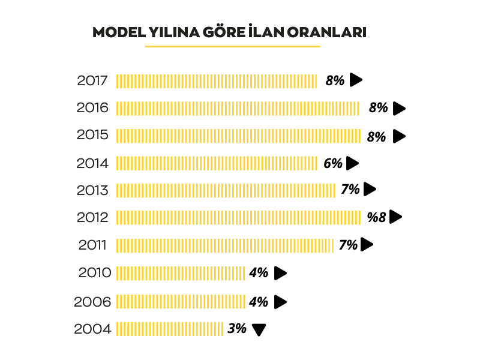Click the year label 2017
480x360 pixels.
[x=92, y=80]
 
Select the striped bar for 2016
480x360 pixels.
[x=238, y=108]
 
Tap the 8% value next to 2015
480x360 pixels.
[x=376, y=137]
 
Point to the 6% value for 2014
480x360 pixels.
[x=332, y=163]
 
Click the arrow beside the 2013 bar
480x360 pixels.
[x=370, y=190]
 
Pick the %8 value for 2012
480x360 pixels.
[x=377, y=217]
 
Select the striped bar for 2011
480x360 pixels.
[x=224, y=245]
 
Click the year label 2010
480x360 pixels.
[x=95, y=273]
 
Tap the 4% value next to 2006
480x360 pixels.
[x=259, y=302]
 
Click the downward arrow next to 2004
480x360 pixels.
[x=259, y=330]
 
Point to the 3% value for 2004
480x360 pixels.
[x=237, y=329]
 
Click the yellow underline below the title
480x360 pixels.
[x=233, y=46]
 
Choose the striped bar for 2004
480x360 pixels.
[x=170, y=329]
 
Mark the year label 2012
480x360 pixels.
[x=92, y=218]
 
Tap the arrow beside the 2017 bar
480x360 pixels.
[x=356, y=79]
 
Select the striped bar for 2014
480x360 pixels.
[x=217, y=163]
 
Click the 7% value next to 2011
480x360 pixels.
[x=349, y=245]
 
